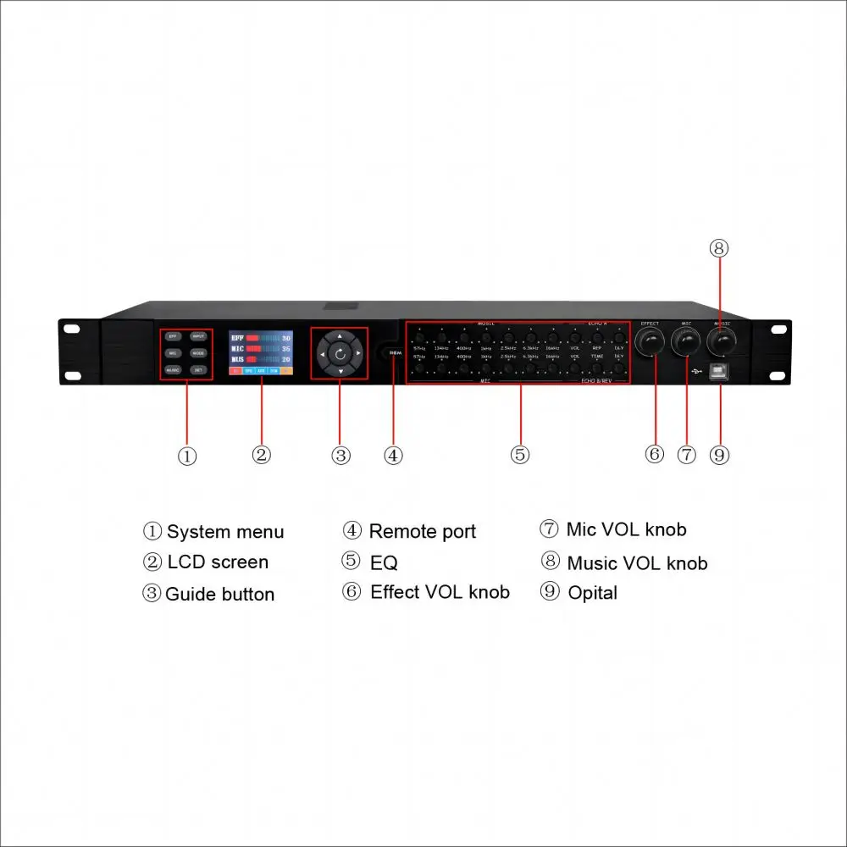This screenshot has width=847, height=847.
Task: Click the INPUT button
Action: (198, 336)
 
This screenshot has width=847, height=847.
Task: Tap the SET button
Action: (198, 370)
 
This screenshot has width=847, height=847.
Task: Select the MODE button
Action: (198, 353)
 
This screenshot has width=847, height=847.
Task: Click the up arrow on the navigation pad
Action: (340, 336)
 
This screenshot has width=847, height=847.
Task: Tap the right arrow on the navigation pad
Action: (358, 353)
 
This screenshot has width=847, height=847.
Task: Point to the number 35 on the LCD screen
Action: (286, 349)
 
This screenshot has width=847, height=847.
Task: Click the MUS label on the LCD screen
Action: (238, 360)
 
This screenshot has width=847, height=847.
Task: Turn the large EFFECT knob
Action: (651, 344)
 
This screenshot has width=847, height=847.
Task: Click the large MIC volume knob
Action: (686, 344)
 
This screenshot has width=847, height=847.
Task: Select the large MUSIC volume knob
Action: (722, 343)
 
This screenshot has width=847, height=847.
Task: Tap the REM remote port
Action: (394, 353)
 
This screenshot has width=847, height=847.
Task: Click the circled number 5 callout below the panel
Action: (520, 455)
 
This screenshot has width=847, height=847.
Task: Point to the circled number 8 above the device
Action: (719, 248)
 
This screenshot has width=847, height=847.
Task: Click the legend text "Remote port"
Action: (423, 532)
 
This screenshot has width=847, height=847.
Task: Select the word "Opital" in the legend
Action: (593, 593)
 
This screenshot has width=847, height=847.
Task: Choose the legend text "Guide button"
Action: (220, 594)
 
